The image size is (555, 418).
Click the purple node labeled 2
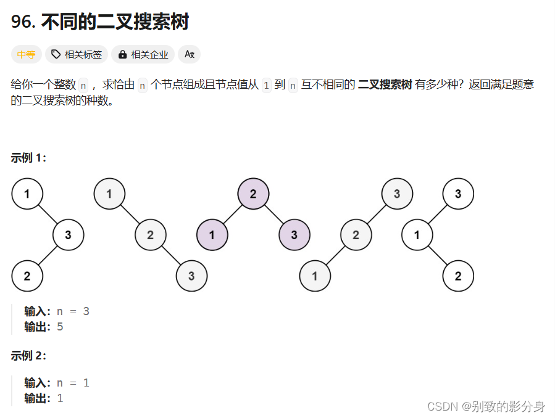pyautogui.click(x=253, y=194)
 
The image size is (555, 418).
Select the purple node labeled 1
pyautogui.click(x=212, y=235)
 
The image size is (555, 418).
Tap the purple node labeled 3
pyautogui.click(x=294, y=235)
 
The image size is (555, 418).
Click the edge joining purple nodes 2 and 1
pyautogui.click(x=232, y=215)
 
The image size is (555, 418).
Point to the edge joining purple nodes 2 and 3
pyautogui.click(x=274, y=215)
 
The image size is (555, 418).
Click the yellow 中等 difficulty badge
pyautogui.click(x=26, y=54)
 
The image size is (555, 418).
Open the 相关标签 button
pyautogui.click(x=78, y=54)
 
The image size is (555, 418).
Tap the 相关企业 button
pyautogui.click(x=143, y=54)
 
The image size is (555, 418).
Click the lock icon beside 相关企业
pyautogui.click(x=122, y=54)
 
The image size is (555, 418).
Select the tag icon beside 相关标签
pyautogui.click(x=56, y=54)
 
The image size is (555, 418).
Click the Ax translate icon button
pyautogui.click(x=190, y=54)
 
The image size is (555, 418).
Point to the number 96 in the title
pyautogui.click(x=22, y=22)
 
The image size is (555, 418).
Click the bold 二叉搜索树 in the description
pyautogui.click(x=385, y=85)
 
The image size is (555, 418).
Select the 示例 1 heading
pyautogui.click(x=28, y=158)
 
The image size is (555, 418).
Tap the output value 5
pyautogui.click(x=60, y=327)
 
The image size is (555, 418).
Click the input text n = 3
pyautogui.click(x=73, y=311)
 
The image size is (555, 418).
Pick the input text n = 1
pyautogui.click(x=73, y=383)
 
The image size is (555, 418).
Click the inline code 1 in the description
pyautogui.click(x=266, y=85)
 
